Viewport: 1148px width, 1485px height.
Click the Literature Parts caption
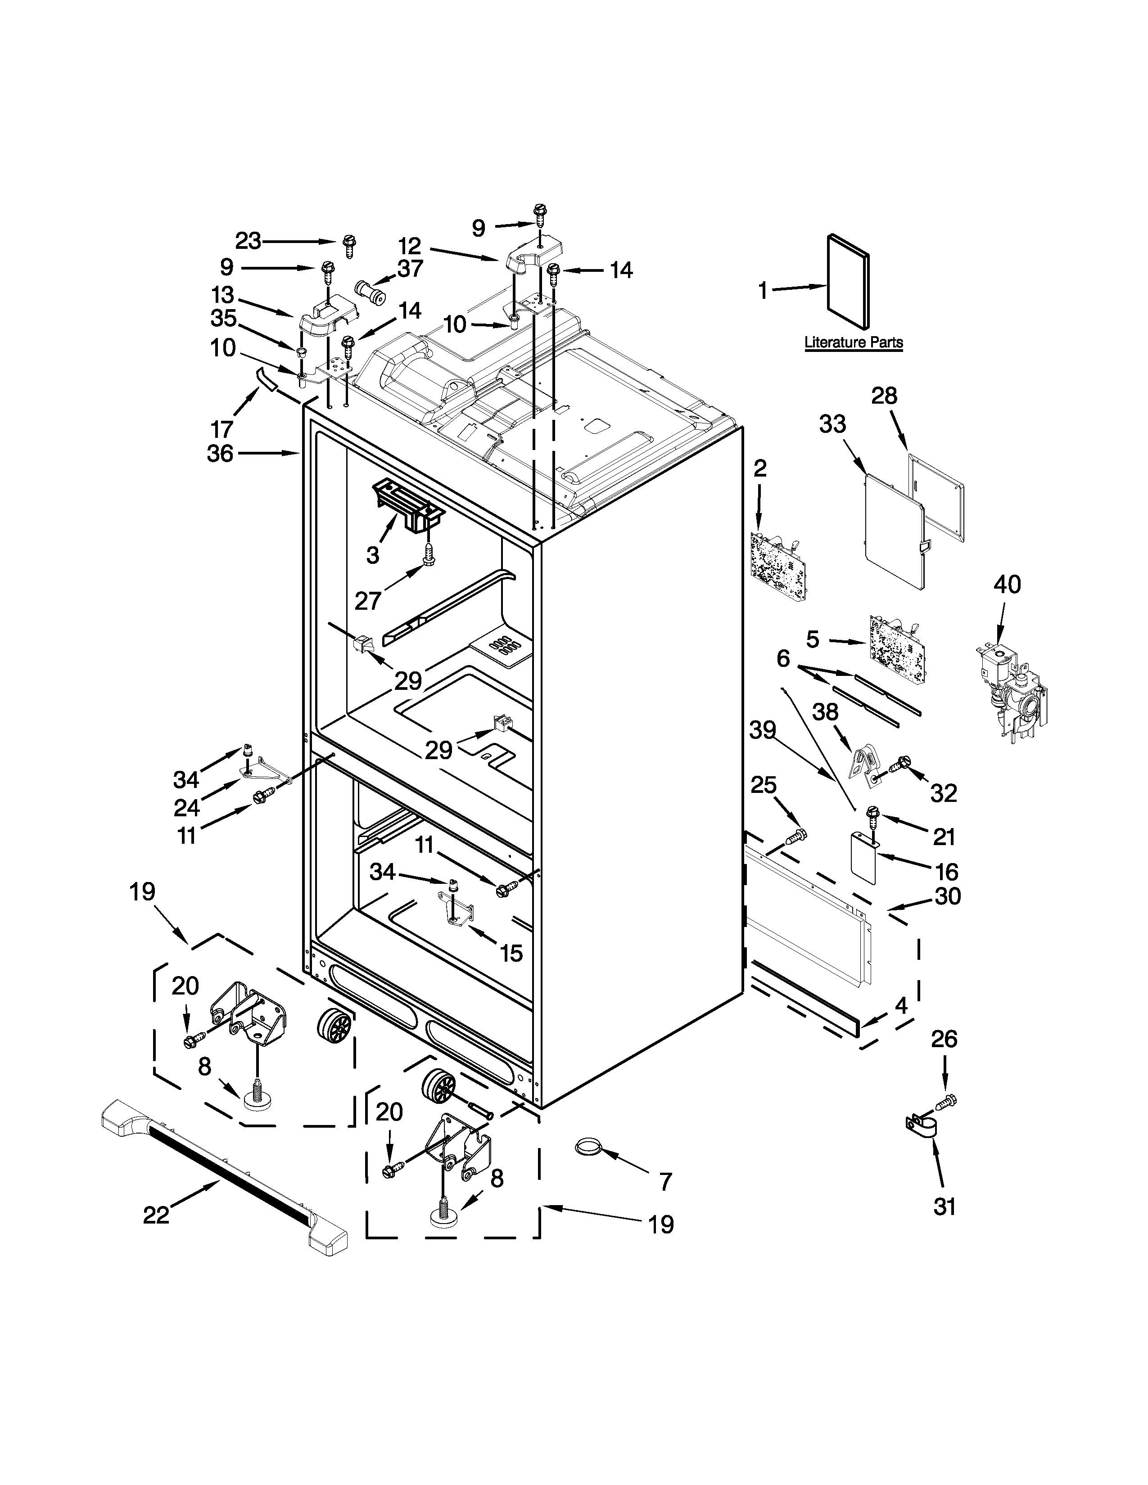click(854, 342)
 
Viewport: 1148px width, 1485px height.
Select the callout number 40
click(1007, 584)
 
